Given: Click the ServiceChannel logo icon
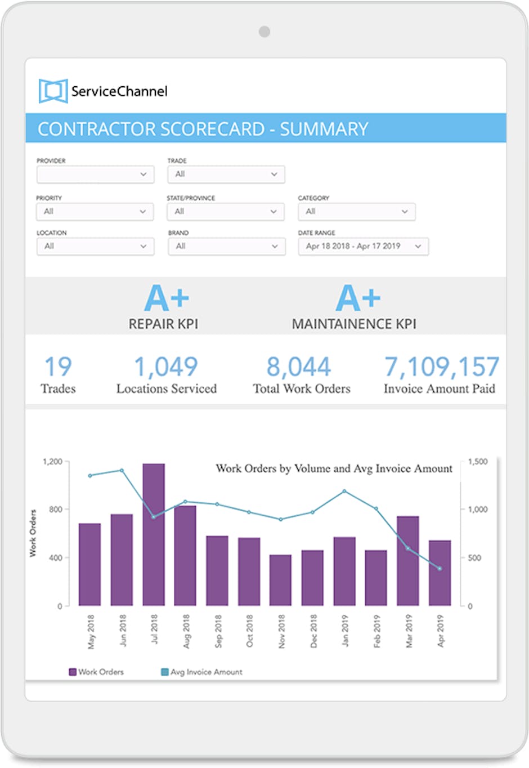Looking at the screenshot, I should (x=53, y=91).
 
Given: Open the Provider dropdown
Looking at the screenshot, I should (x=95, y=175).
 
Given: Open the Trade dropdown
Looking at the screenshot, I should (x=226, y=175).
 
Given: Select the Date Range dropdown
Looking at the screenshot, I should (x=363, y=247).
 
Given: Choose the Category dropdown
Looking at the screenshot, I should (x=356, y=212).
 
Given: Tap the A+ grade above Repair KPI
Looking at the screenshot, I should (x=166, y=298).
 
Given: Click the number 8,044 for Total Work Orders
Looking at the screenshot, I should (x=298, y=367).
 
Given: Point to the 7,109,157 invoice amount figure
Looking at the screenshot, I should (x=441, y=367).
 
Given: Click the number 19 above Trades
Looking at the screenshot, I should (x=58, y=367).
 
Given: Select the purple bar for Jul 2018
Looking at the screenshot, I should (x=154, y=535).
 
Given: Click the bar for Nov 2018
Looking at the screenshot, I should (x=280, y=580).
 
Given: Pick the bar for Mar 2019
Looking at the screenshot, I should (x=408, y=561).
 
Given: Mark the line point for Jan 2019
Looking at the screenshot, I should (x=344, y=492).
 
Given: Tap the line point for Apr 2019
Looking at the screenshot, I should (x=440, y=569).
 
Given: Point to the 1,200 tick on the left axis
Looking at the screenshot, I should (x=53, y=462).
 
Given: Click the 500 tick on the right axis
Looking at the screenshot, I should (x=474, y=558).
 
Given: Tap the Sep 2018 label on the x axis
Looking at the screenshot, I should (x=218, y=631).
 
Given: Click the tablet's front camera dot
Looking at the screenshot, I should (x=264, y=32).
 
